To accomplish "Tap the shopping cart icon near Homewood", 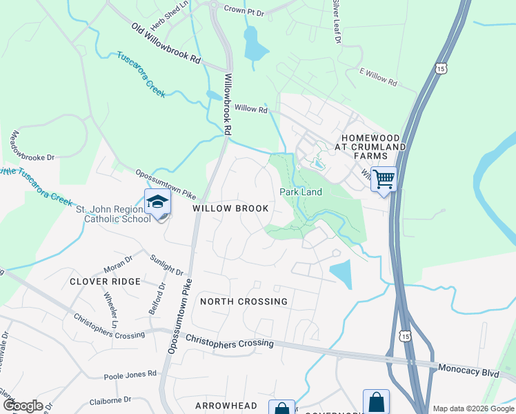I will [384, 179].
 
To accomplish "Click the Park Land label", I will [300, 192].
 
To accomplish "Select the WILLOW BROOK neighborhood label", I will [230, 208].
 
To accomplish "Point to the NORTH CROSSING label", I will [244, 302].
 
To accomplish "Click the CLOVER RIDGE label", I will [105, 282].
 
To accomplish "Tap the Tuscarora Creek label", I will [141, 74].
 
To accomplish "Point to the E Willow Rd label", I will [379, 77].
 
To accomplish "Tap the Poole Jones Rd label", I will [130, 375].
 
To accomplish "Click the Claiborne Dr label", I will [110, 400].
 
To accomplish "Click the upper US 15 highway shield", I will [441, 68].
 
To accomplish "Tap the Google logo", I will [23, 405].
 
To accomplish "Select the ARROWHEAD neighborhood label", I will [226, 406].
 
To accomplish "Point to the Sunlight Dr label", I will [166, 266].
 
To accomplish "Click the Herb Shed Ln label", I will [170, 15].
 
